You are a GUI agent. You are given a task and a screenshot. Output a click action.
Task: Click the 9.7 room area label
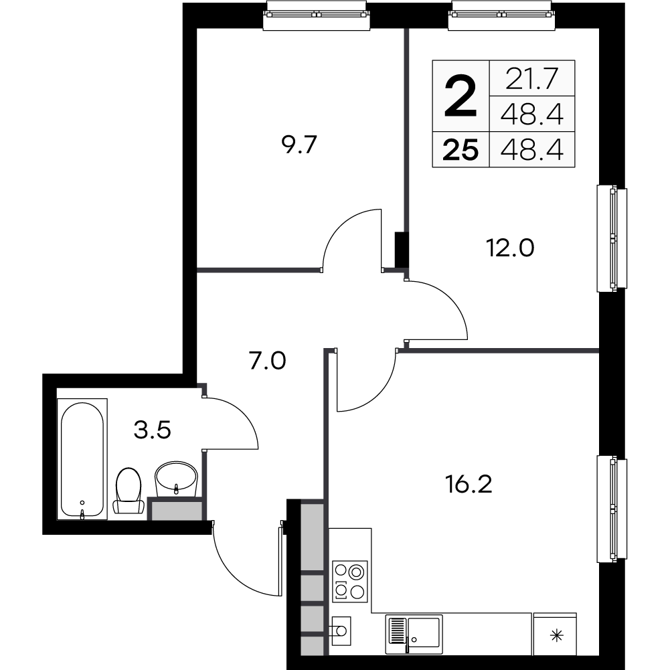click(298, 145)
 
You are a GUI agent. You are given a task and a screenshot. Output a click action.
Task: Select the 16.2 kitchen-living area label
click(469, 483)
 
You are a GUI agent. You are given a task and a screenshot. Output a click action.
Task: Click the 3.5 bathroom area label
click(153, 429)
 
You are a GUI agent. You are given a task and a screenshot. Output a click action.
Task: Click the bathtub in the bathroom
click(82, 459)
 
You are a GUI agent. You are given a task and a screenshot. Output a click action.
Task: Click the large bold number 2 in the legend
click(461, 95)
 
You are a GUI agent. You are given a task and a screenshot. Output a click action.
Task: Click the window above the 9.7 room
click(317, 15)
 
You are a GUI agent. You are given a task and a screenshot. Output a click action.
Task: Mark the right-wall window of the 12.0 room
click(612, 239)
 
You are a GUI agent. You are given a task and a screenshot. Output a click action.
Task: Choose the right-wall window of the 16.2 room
click(612, 509)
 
